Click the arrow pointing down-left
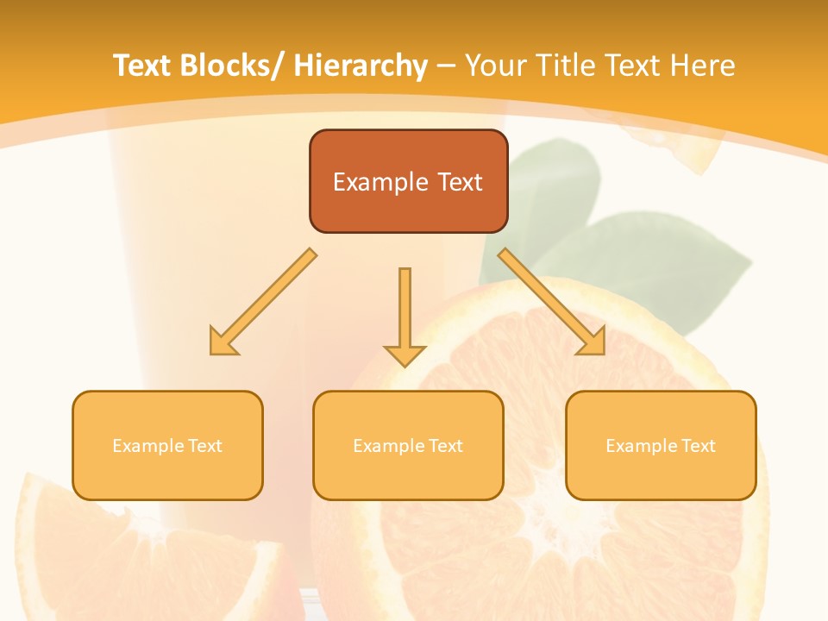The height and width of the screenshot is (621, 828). [263, 302]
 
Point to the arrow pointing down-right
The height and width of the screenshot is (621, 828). [552, 302]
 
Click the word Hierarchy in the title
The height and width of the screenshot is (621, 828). [361, 66]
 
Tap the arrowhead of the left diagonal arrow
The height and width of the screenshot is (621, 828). [223, 342]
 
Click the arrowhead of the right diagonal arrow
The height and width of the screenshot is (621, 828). [593, 342]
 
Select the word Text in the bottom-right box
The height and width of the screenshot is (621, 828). [698, 446]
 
